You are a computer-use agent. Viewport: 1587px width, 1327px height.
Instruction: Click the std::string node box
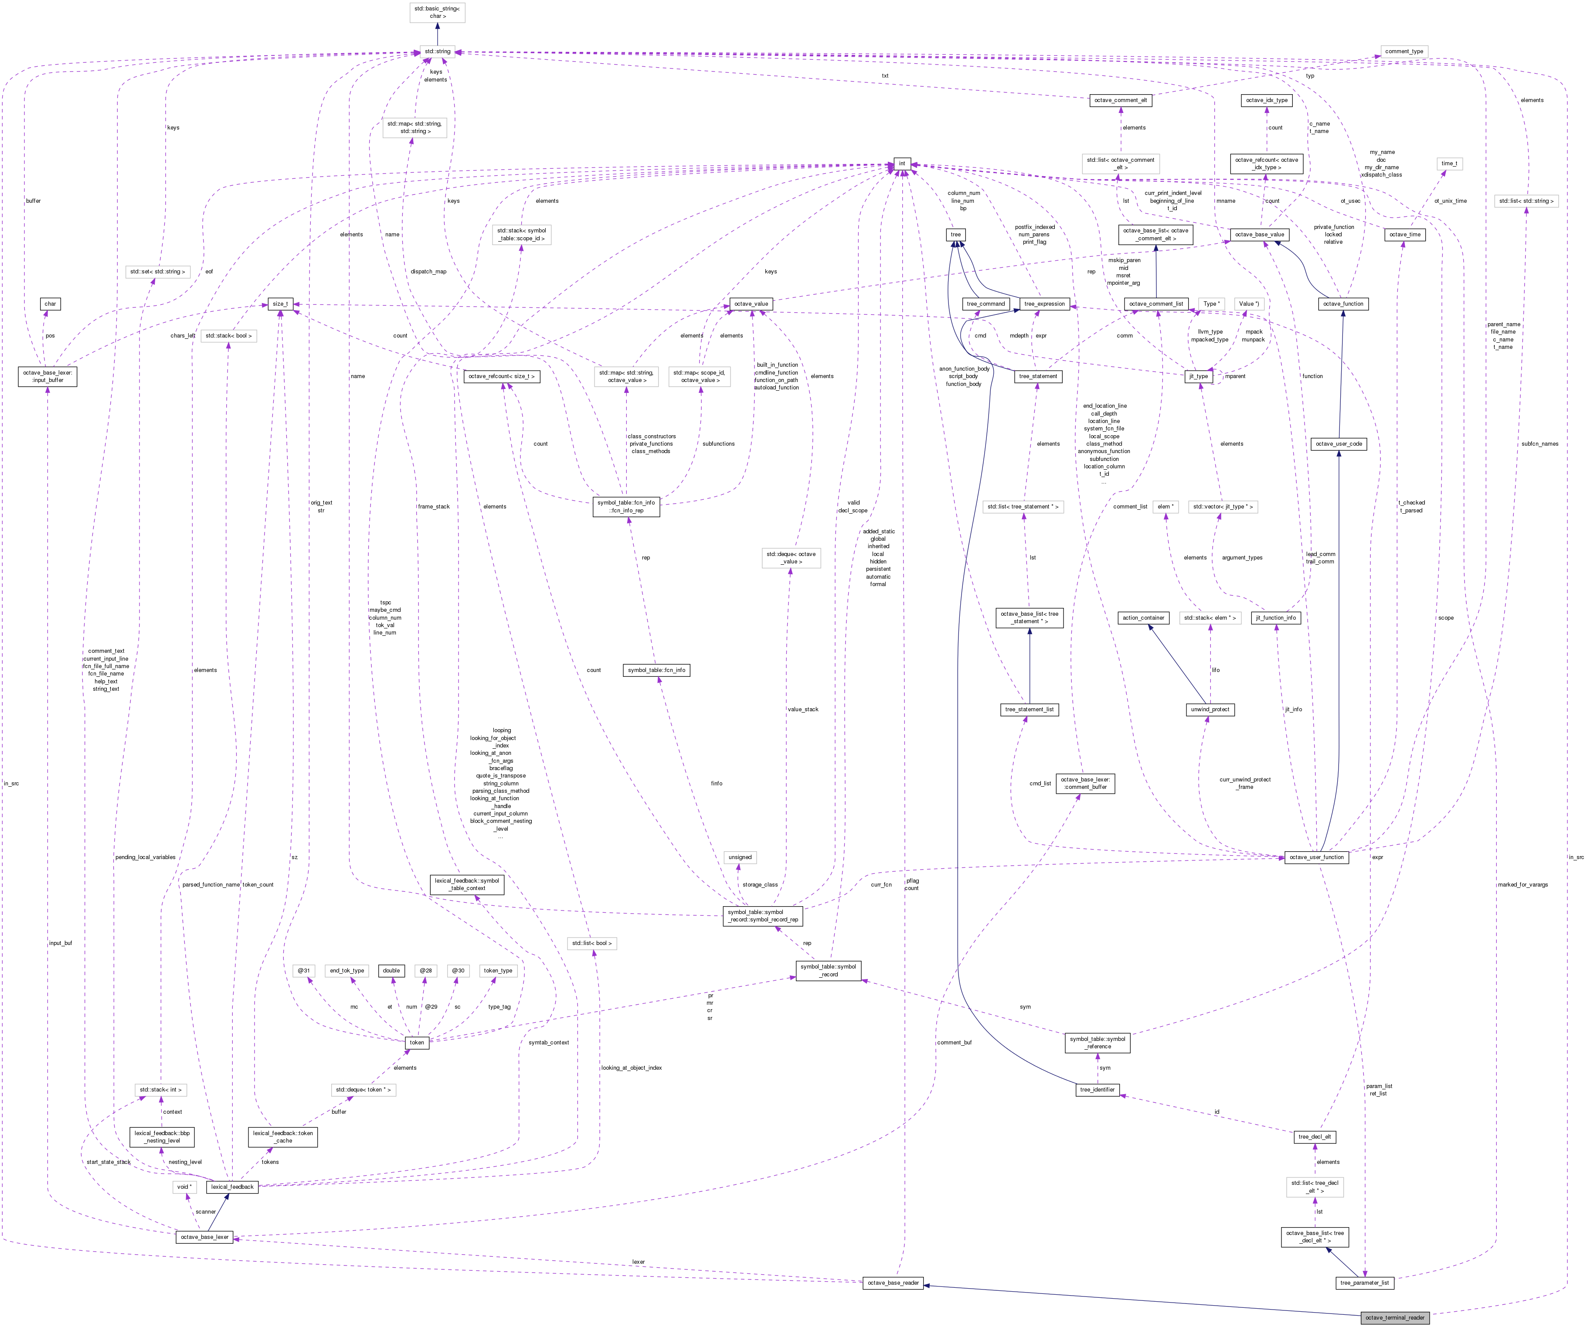437,51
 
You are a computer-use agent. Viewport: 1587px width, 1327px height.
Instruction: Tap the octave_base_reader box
893,1283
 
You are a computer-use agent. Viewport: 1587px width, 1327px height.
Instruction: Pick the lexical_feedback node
232,1186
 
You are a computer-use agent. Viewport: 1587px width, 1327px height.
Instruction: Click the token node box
416,1042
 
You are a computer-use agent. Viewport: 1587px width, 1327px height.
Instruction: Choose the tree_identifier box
1097,1090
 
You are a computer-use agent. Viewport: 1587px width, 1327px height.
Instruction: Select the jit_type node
1199,376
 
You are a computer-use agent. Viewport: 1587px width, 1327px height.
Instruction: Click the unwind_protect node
1210,709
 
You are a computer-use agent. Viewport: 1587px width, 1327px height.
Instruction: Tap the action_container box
1143,618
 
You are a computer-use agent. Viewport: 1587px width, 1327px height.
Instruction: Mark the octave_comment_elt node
1121,100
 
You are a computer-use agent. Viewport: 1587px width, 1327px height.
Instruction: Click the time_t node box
1449,164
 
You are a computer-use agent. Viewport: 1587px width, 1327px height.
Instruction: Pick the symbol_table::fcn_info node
657,670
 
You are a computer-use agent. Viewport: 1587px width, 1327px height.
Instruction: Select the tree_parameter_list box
1364,1283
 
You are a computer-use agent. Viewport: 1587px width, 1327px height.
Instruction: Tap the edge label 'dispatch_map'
428,271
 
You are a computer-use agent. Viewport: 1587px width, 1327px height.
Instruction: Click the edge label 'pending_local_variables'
145,857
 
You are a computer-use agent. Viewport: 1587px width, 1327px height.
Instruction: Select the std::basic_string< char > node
437,12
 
